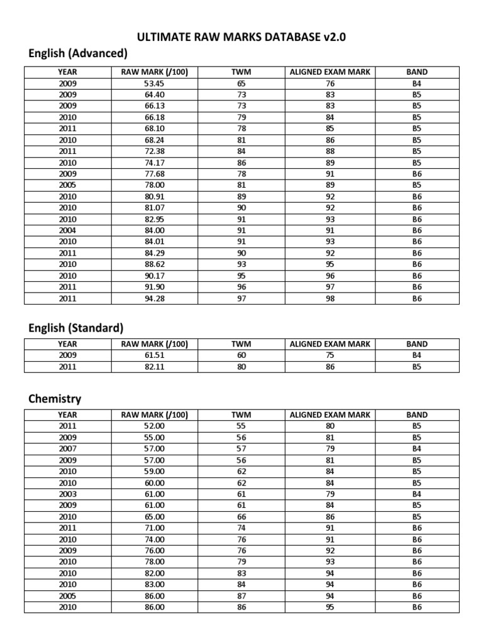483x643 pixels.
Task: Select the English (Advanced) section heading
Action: (78, 53)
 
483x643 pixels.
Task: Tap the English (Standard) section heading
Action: (76, 327)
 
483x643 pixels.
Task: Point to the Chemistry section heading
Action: (55, 399)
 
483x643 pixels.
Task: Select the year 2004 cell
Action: (67, 230)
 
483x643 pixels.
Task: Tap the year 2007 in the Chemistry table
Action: (67, 448)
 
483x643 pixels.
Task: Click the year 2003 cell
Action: (67, 494)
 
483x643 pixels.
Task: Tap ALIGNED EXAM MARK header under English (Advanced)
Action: (330, 72)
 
